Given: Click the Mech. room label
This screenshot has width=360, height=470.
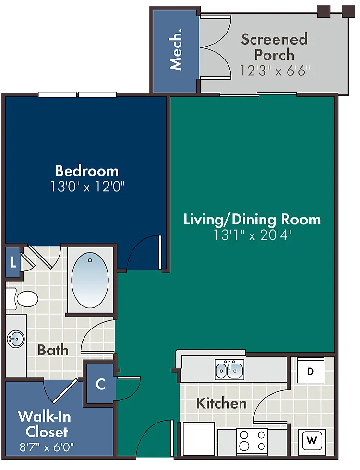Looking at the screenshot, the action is (176, 49).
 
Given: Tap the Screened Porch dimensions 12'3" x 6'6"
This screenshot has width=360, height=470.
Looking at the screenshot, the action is (275, 71).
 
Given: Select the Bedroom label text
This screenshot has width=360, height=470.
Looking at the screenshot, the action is (87, 171).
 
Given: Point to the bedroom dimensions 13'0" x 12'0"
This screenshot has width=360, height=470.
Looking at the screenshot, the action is (87, 187).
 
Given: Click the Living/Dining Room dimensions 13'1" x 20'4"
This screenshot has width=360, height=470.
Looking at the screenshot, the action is (252, 235).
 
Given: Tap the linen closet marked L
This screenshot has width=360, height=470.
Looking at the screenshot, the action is (13, 263).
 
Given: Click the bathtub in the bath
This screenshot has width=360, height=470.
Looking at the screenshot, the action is (90, 280).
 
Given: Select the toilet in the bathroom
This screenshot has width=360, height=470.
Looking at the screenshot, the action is (22, 299).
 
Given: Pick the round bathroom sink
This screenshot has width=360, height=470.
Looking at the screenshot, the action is (16, 339).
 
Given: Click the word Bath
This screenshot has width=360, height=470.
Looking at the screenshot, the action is (53, 350).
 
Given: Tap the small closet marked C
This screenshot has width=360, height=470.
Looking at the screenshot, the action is (100, 384).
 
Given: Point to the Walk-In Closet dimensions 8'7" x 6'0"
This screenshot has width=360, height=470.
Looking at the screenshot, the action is (47, 447).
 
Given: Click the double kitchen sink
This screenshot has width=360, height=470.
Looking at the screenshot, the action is (229, 370).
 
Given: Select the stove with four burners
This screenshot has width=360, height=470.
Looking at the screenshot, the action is (252, 441).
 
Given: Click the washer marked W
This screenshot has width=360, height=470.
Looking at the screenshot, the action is (312, 441).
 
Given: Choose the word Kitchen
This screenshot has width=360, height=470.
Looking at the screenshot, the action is (221, 403).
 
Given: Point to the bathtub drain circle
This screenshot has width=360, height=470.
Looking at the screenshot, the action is (90, 260).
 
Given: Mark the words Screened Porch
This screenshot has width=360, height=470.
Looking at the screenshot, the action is (274, 47).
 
